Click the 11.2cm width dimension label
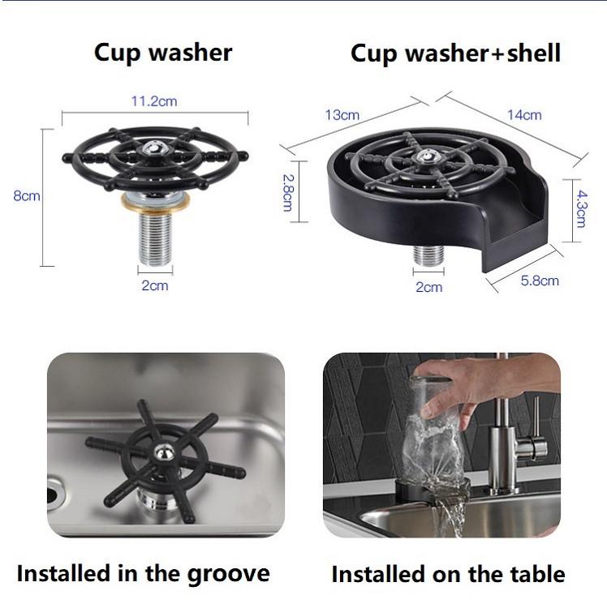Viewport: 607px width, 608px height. click(154, 101)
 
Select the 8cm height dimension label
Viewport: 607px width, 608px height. click(27, 196)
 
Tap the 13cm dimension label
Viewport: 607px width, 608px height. click(342, 115)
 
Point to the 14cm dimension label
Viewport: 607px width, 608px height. click(524, 115)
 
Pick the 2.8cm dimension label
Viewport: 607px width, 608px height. click(286, 191)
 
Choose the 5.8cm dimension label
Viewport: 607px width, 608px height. click(539, 280)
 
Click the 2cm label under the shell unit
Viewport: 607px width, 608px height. click(429, 286)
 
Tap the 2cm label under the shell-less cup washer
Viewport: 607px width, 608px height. click(154, 285)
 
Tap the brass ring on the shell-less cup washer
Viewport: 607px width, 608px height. click(154, 199)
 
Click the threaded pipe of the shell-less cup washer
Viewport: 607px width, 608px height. click(154, 234)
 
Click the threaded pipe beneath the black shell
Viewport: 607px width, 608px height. click(429, 255)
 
